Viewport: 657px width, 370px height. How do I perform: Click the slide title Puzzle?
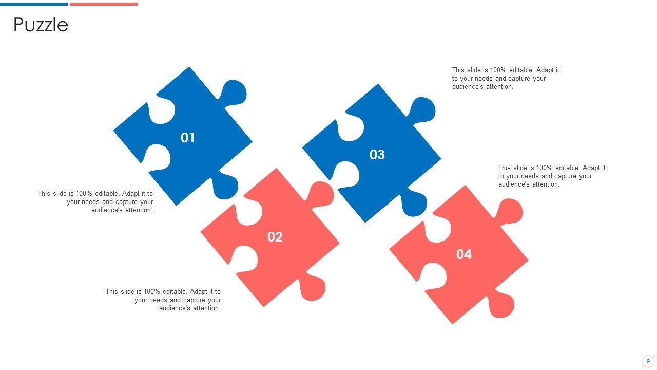point(41,25)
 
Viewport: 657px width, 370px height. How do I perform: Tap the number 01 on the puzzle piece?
point(187,138)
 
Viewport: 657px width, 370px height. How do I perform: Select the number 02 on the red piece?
point(275,237)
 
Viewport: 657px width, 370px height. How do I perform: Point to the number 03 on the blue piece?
point(377,155)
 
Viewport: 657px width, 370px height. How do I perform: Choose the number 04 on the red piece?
point(463,254)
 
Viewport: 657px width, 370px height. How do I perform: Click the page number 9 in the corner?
point(648,361)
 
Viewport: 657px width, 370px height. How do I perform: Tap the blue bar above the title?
point(34,4)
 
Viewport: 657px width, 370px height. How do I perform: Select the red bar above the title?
point(104,4)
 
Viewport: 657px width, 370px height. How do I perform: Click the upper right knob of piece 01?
point(234,92)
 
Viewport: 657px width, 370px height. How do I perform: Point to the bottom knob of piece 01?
point(224,186)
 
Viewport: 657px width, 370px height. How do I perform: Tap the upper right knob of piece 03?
point(422,109)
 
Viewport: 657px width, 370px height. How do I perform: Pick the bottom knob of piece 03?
point(413,203)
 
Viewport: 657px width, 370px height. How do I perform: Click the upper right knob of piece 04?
point(510,211)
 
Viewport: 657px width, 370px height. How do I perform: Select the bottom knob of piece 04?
point(500,305)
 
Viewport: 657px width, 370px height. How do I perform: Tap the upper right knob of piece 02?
point(321,194)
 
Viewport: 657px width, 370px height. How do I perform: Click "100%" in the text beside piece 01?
point(84,194)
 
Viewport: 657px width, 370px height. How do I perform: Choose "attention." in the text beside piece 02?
point(205,308)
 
